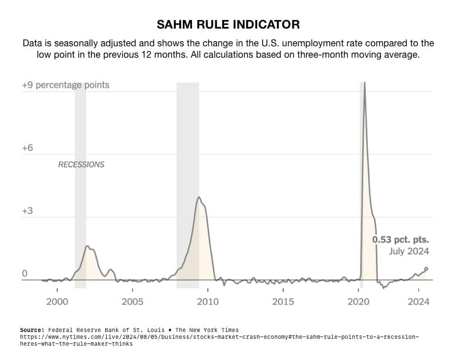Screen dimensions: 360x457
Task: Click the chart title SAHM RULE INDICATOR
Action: pyautogui.click(x=228, y=25)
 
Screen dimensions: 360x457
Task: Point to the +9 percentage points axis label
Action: pyautogui.click(x=65, y=85)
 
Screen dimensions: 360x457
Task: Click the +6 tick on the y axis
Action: pyautogui.click(x=27, y=148)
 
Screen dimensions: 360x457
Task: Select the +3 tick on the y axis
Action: pyautogui.click(x=27, y=211)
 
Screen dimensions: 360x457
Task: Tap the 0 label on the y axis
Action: pyautogui.click(x=25, y=274)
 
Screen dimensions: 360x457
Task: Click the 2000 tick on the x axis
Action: pyautogui.click(x=57, y=301)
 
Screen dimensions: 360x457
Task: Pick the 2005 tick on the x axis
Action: pyautogui.click(x=133, y=301)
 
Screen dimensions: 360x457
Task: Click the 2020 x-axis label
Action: pyautogui.click(x=359, y=301)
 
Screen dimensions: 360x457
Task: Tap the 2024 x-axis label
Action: pyautogui.click(x=419, y=301)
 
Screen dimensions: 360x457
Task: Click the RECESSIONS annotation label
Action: pyautogui.click(x=81, y=165)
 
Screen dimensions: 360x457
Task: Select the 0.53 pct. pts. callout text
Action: pyautogui.click(x=400, y=239)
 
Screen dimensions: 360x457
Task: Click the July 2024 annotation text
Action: pyautogui.click(x=409, y=251)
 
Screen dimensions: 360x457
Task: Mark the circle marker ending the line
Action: pyautogui.click(x=426, y=269)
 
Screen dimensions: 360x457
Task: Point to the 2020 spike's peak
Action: pyautogui.click(x=364, y=83)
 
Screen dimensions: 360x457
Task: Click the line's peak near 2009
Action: pyautogui.click(x=199, y=197)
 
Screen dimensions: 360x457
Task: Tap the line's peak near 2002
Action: pyautogui.click(x=87, y=246)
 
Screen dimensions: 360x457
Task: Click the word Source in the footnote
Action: pyautogui.click(x=32, y=330)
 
